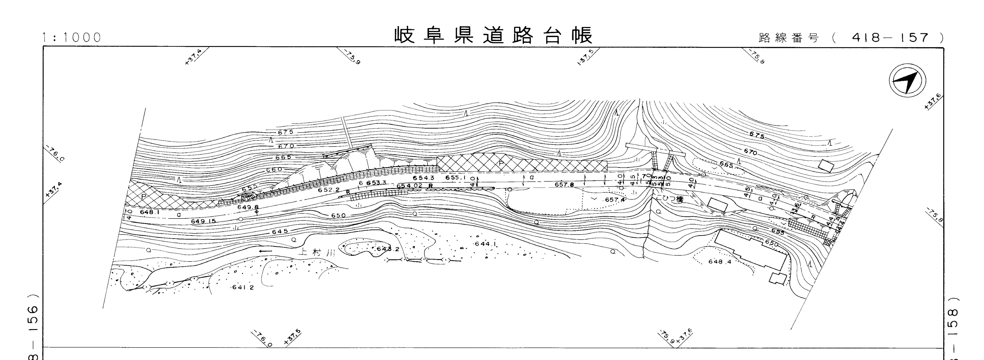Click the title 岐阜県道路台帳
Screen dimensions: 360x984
(493, 35)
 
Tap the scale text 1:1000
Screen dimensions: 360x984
(72, 38)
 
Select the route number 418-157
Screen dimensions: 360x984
(890, 38)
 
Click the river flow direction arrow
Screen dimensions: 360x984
(265, 251)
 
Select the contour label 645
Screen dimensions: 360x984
(280, 232)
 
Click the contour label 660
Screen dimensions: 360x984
(274, 169)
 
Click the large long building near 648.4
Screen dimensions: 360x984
(751, 249)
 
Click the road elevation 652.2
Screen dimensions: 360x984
(328, 190)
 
